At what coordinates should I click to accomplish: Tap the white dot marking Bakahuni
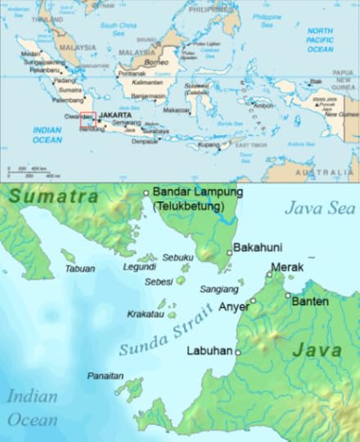pyautogui.click(x=229, y=253)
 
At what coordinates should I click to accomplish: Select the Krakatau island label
pyautogui.click(x=146, y=314)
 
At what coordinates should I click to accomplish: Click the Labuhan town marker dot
pyautogui.click(x=238, y=352)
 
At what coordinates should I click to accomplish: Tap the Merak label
pyautogui.click(x=286, y=267)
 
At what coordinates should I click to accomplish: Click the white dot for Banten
pyautogui.click(x=288, y=295)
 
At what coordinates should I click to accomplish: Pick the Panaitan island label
pyautogui.click(x=106, y=376)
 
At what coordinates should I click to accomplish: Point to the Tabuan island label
pyautogui.click(x=79, y=268)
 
